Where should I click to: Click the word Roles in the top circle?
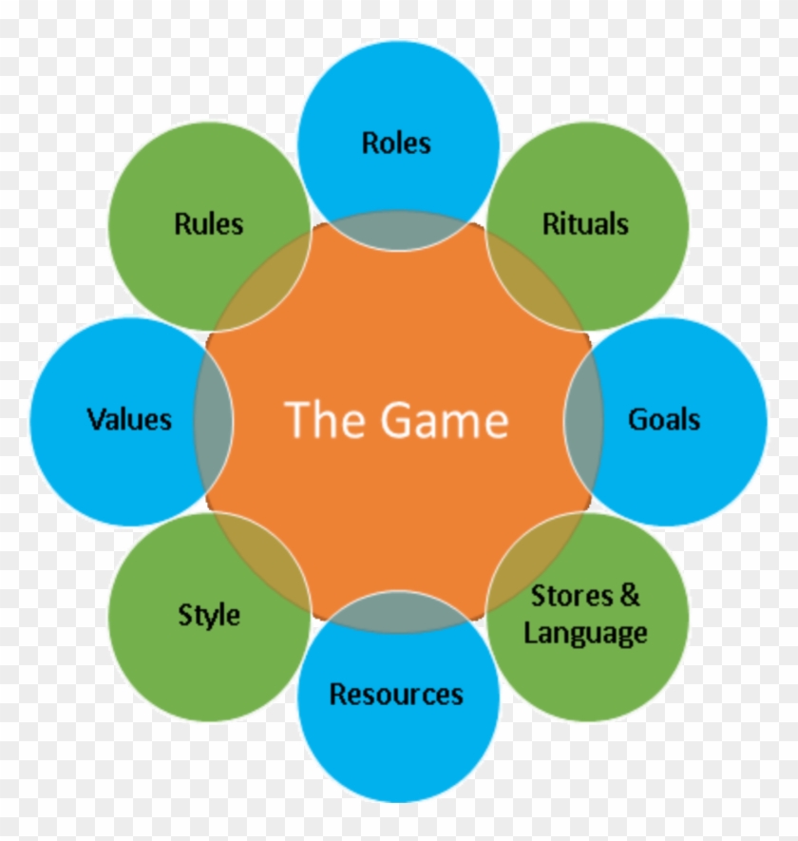(x=396, y=143)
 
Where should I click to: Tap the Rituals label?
(x=585, y=224)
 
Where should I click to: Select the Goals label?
(x=664, y=419)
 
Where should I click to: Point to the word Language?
(x=585, y=632)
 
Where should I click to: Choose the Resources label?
(x=396, y=695)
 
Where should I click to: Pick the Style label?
(x=209, y=615)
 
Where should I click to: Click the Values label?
(x=129, y=419)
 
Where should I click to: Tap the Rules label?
(x=209, y=224)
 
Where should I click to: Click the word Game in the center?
(x=446, y=419)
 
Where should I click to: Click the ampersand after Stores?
(x=630, y=596)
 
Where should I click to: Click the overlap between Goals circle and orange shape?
(x=583, y=419)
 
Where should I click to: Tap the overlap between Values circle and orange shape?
(x=214, y=419)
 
